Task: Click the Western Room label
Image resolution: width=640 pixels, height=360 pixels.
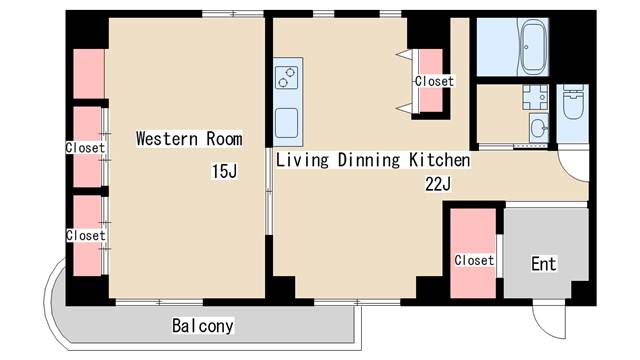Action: [190, 139]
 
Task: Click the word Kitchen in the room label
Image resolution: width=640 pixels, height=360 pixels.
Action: [439, 160]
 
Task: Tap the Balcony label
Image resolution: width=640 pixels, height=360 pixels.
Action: [203, 325]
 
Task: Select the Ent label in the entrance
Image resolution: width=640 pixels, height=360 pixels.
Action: [543, 264]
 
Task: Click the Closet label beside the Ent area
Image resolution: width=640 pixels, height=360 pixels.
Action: [474, 260]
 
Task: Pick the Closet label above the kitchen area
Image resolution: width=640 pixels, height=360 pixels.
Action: [434, 81]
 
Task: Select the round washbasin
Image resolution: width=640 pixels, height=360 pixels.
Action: [538, 129]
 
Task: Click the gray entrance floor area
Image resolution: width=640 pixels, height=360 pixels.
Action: [545, 240]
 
